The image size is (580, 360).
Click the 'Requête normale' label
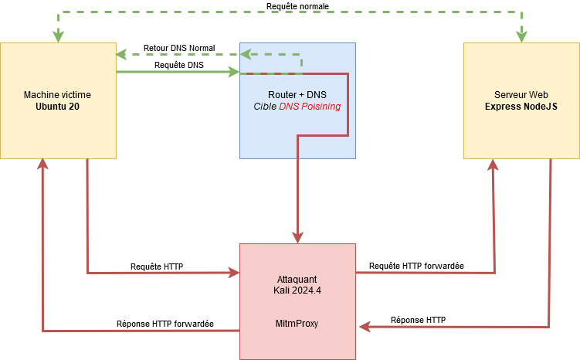point(297,5)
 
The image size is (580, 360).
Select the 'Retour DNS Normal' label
point(179,48)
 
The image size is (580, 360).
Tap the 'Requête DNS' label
point(179,66)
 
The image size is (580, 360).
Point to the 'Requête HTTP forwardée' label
point(416,266)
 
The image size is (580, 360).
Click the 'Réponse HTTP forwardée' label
point(165,324)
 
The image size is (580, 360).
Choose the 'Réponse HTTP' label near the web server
point(418,320)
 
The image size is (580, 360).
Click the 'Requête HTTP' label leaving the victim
point(157,266)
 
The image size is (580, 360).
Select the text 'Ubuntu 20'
point(58,107)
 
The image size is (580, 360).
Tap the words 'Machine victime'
point(58,94)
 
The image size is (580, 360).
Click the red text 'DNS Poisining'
point(310,106)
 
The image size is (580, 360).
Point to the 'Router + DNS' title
point(297,94)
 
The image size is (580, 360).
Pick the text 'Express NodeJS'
point(521,107)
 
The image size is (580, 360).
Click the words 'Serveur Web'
point(521,94)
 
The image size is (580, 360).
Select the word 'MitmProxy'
point(297,324)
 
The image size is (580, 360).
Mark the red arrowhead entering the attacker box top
point(297,237)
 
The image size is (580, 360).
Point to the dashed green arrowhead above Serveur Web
point(521,36)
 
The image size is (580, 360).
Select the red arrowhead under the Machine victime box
point(42,165)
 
